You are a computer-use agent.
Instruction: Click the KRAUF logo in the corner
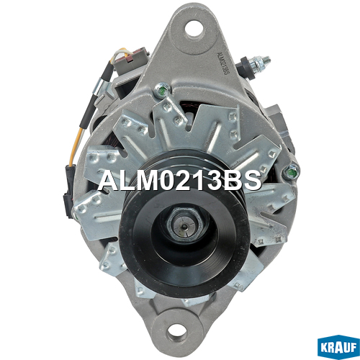coord(338,347)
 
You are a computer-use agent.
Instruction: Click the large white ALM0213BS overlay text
coord(179,181)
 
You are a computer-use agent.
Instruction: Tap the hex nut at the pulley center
coord(185,224)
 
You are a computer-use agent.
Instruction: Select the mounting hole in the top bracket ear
coord(194,29)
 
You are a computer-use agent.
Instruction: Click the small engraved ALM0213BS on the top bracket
coord(222,63)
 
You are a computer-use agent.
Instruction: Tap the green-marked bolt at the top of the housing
coord(163,90)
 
